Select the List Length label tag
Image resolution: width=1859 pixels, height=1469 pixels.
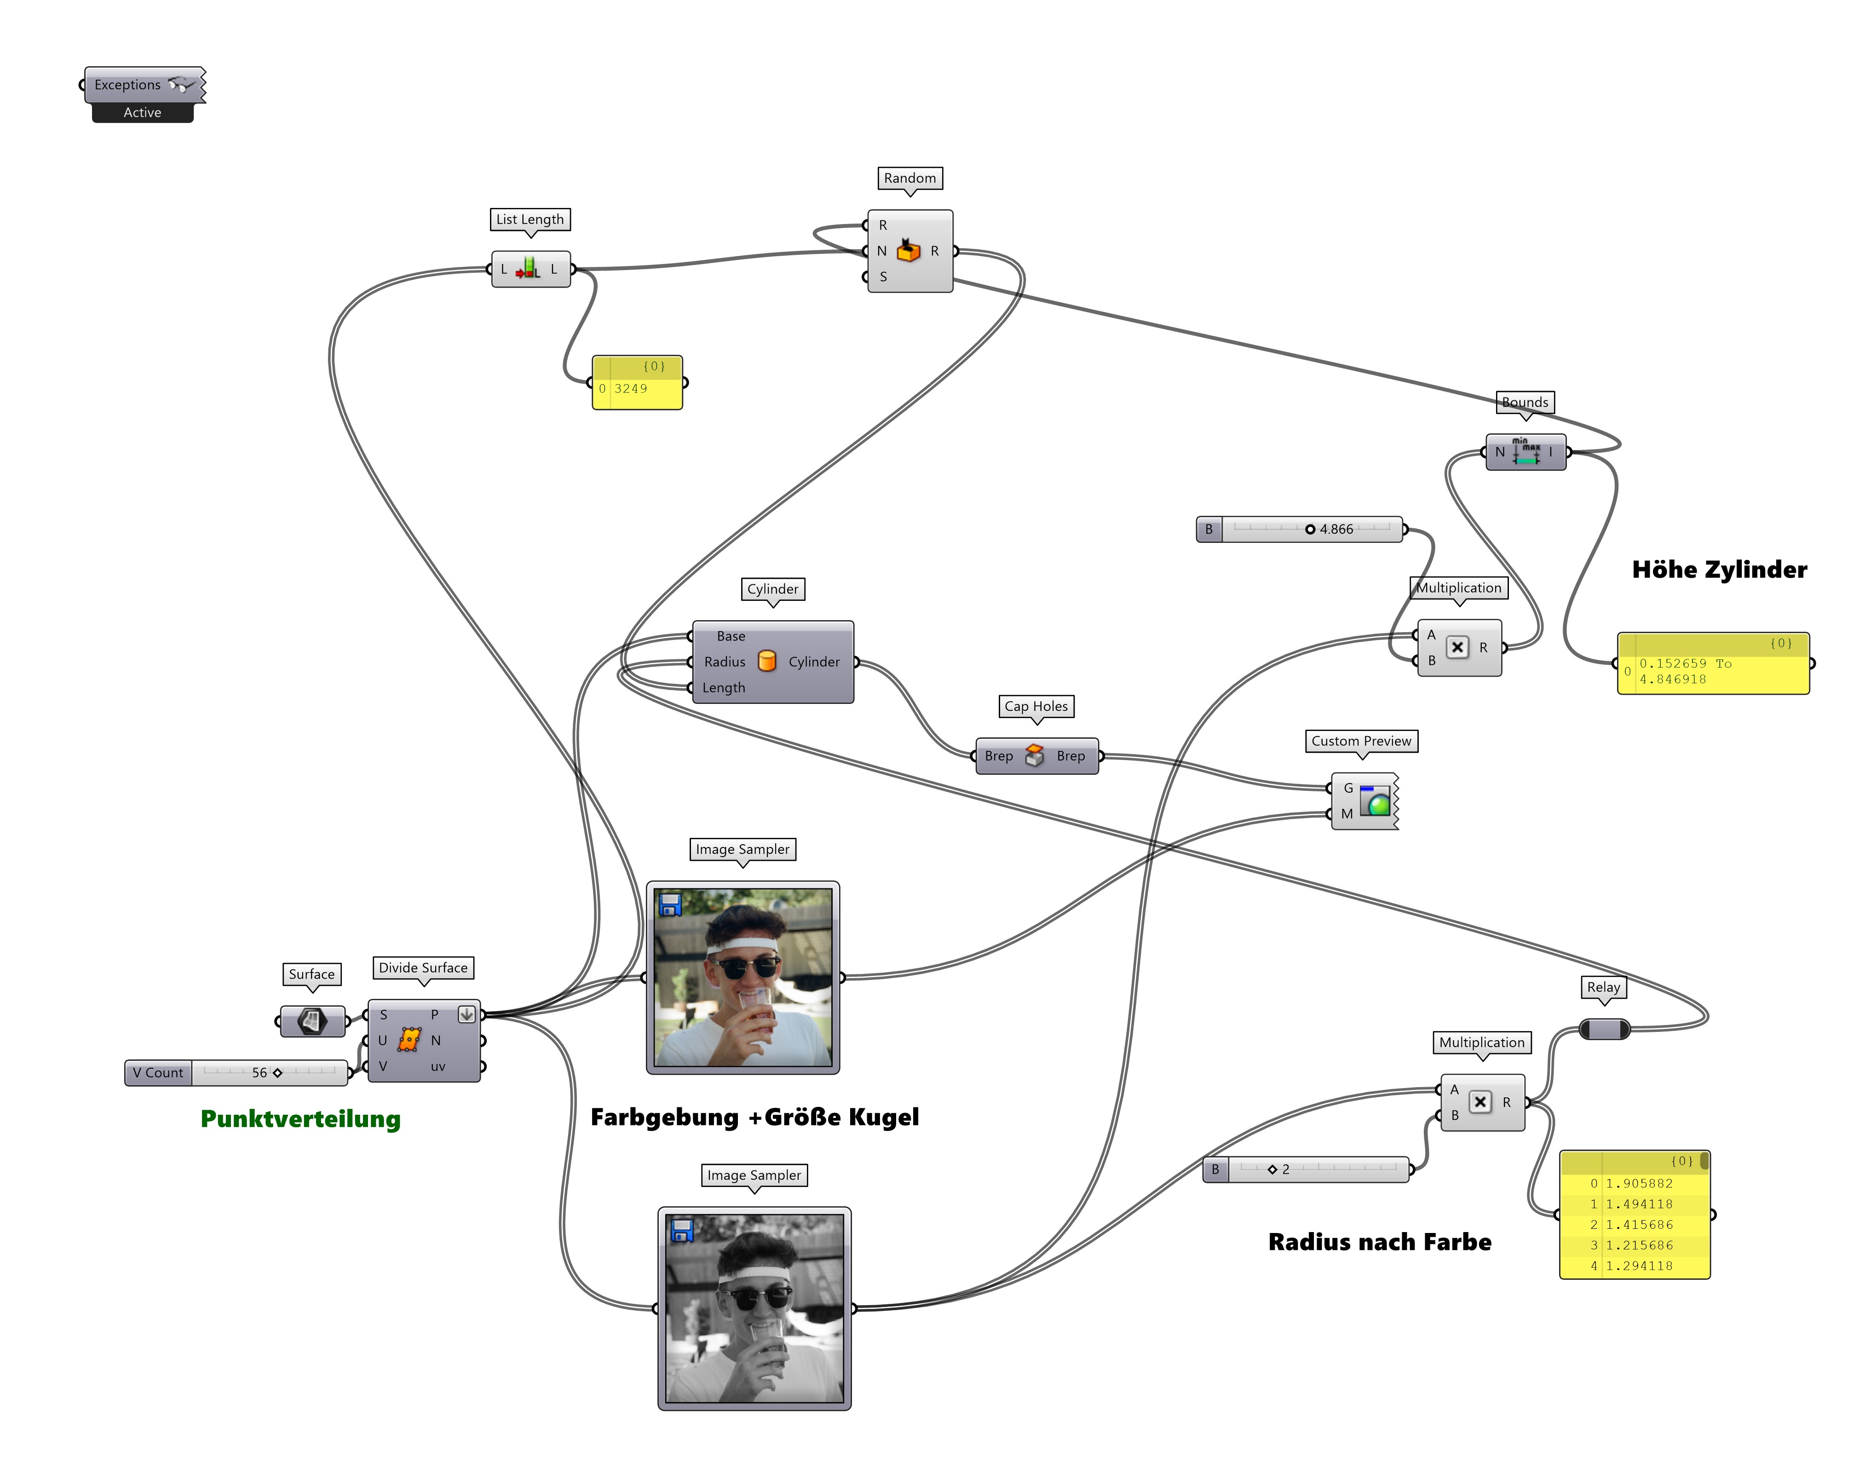tap(529, 219)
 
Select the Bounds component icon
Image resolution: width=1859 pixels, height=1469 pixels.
tap(1526, 451)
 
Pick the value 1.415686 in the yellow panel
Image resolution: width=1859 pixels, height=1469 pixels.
tap(1639, 1225)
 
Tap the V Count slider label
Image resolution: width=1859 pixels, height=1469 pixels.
tap(158, 1072)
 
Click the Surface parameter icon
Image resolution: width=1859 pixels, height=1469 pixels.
tap(312, 1021)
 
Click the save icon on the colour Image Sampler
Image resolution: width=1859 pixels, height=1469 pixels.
tap(670, 904)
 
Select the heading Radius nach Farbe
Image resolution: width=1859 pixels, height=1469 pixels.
tap(1379, 1242)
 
